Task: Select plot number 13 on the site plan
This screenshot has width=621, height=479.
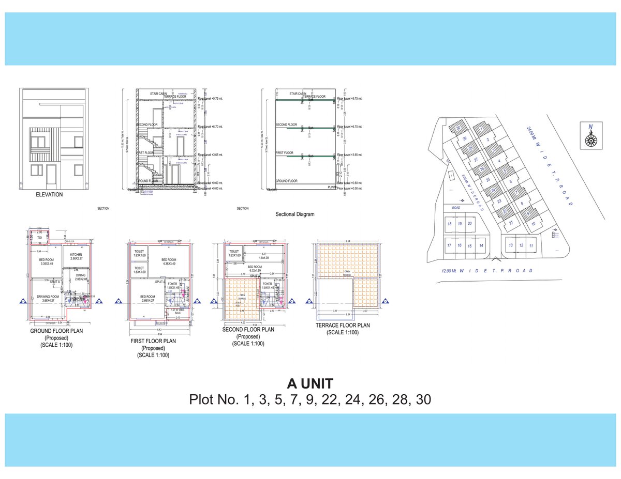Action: pos(511,245)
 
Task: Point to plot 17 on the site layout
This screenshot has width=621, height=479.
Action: pos(450,245)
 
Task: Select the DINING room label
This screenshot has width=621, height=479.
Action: pos(81,275)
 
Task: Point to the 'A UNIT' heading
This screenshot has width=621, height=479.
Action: pos(310,383)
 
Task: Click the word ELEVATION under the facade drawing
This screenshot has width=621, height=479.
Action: pos(49,195)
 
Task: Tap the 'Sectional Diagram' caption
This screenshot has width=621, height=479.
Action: pos(294,214)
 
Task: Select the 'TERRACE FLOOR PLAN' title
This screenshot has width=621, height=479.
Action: pos(343,326)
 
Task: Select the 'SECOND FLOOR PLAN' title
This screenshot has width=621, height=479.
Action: pos(248,329)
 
